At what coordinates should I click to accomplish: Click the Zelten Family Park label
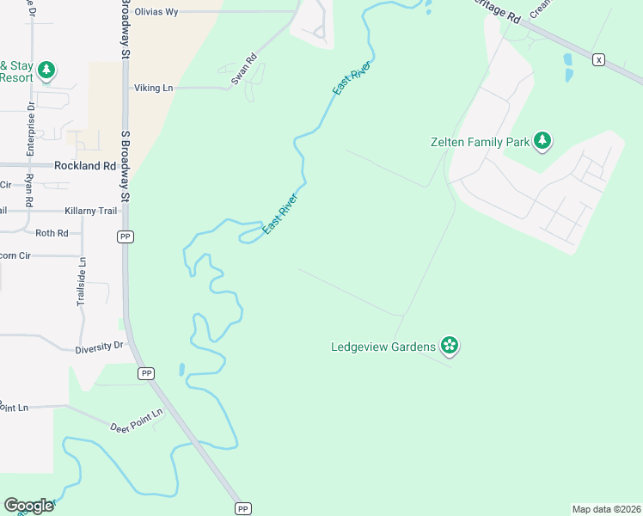[x=480, y=141]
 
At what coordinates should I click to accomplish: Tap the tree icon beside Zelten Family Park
[x=542, y=140]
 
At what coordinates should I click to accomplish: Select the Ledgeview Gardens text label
[x=383, y=347]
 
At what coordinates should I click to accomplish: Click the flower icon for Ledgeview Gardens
[x=449, y=346]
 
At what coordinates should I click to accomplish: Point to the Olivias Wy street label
[x=156, y=12]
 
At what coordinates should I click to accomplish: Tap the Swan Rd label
[x=244, y=71]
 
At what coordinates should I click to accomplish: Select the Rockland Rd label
[x=84, y=165]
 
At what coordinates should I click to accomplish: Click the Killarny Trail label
[x=90, y=211]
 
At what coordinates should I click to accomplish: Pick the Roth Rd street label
[x=52, y=233]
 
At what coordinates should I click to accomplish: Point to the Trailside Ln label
[x=82, y=282]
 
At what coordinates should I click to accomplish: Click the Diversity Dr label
[x=100, y=346]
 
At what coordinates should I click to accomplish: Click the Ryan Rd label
[x=28, y=188]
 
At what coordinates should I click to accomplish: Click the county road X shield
[x=598, y=59]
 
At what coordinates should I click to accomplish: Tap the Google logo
[x=28, y=505]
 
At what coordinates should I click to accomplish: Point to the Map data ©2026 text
[x=606, y=508]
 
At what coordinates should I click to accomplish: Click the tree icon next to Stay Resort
[x=46, y=70]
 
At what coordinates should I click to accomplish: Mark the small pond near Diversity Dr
[x=181, y=370]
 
